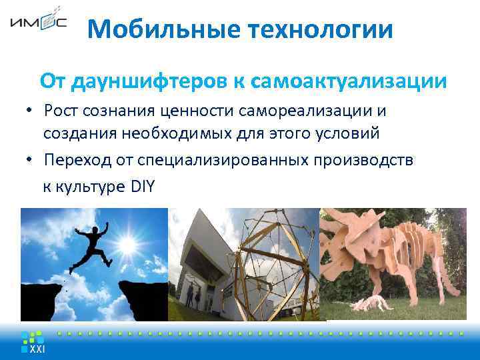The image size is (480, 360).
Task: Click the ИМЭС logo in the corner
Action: click(38, 22)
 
